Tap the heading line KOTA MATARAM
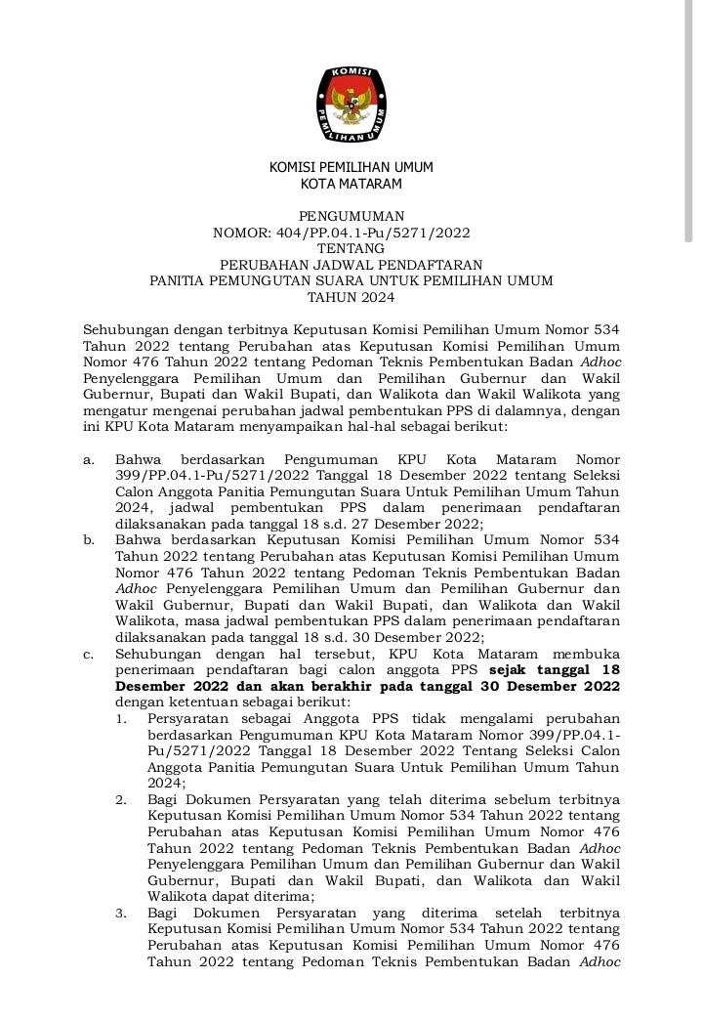(x=351, y=184)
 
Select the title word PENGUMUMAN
(x=351, y=216)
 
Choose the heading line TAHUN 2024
(x=351, y=296)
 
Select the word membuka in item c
(x=587, y=653)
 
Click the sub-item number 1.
(x=120, y=718)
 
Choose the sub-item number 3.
(x=120, y=914)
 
